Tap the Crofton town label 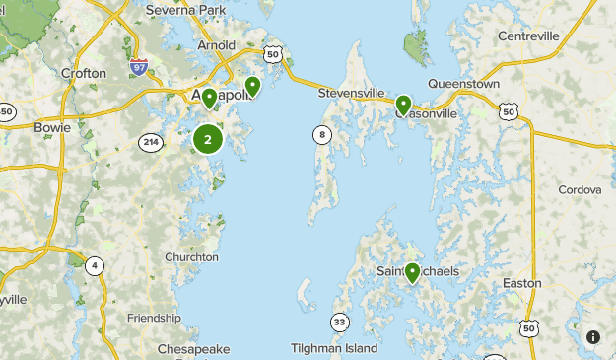82,73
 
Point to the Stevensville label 352,94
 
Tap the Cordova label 579,189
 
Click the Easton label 521,283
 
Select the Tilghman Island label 334,348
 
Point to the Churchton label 191,257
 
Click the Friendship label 154,318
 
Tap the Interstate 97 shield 139,67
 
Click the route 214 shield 150,142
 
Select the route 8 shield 322,134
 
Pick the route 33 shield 339,322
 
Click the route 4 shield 94,265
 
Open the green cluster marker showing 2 207,139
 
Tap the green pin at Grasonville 403,105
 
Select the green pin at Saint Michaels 412,272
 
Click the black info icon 593,337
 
